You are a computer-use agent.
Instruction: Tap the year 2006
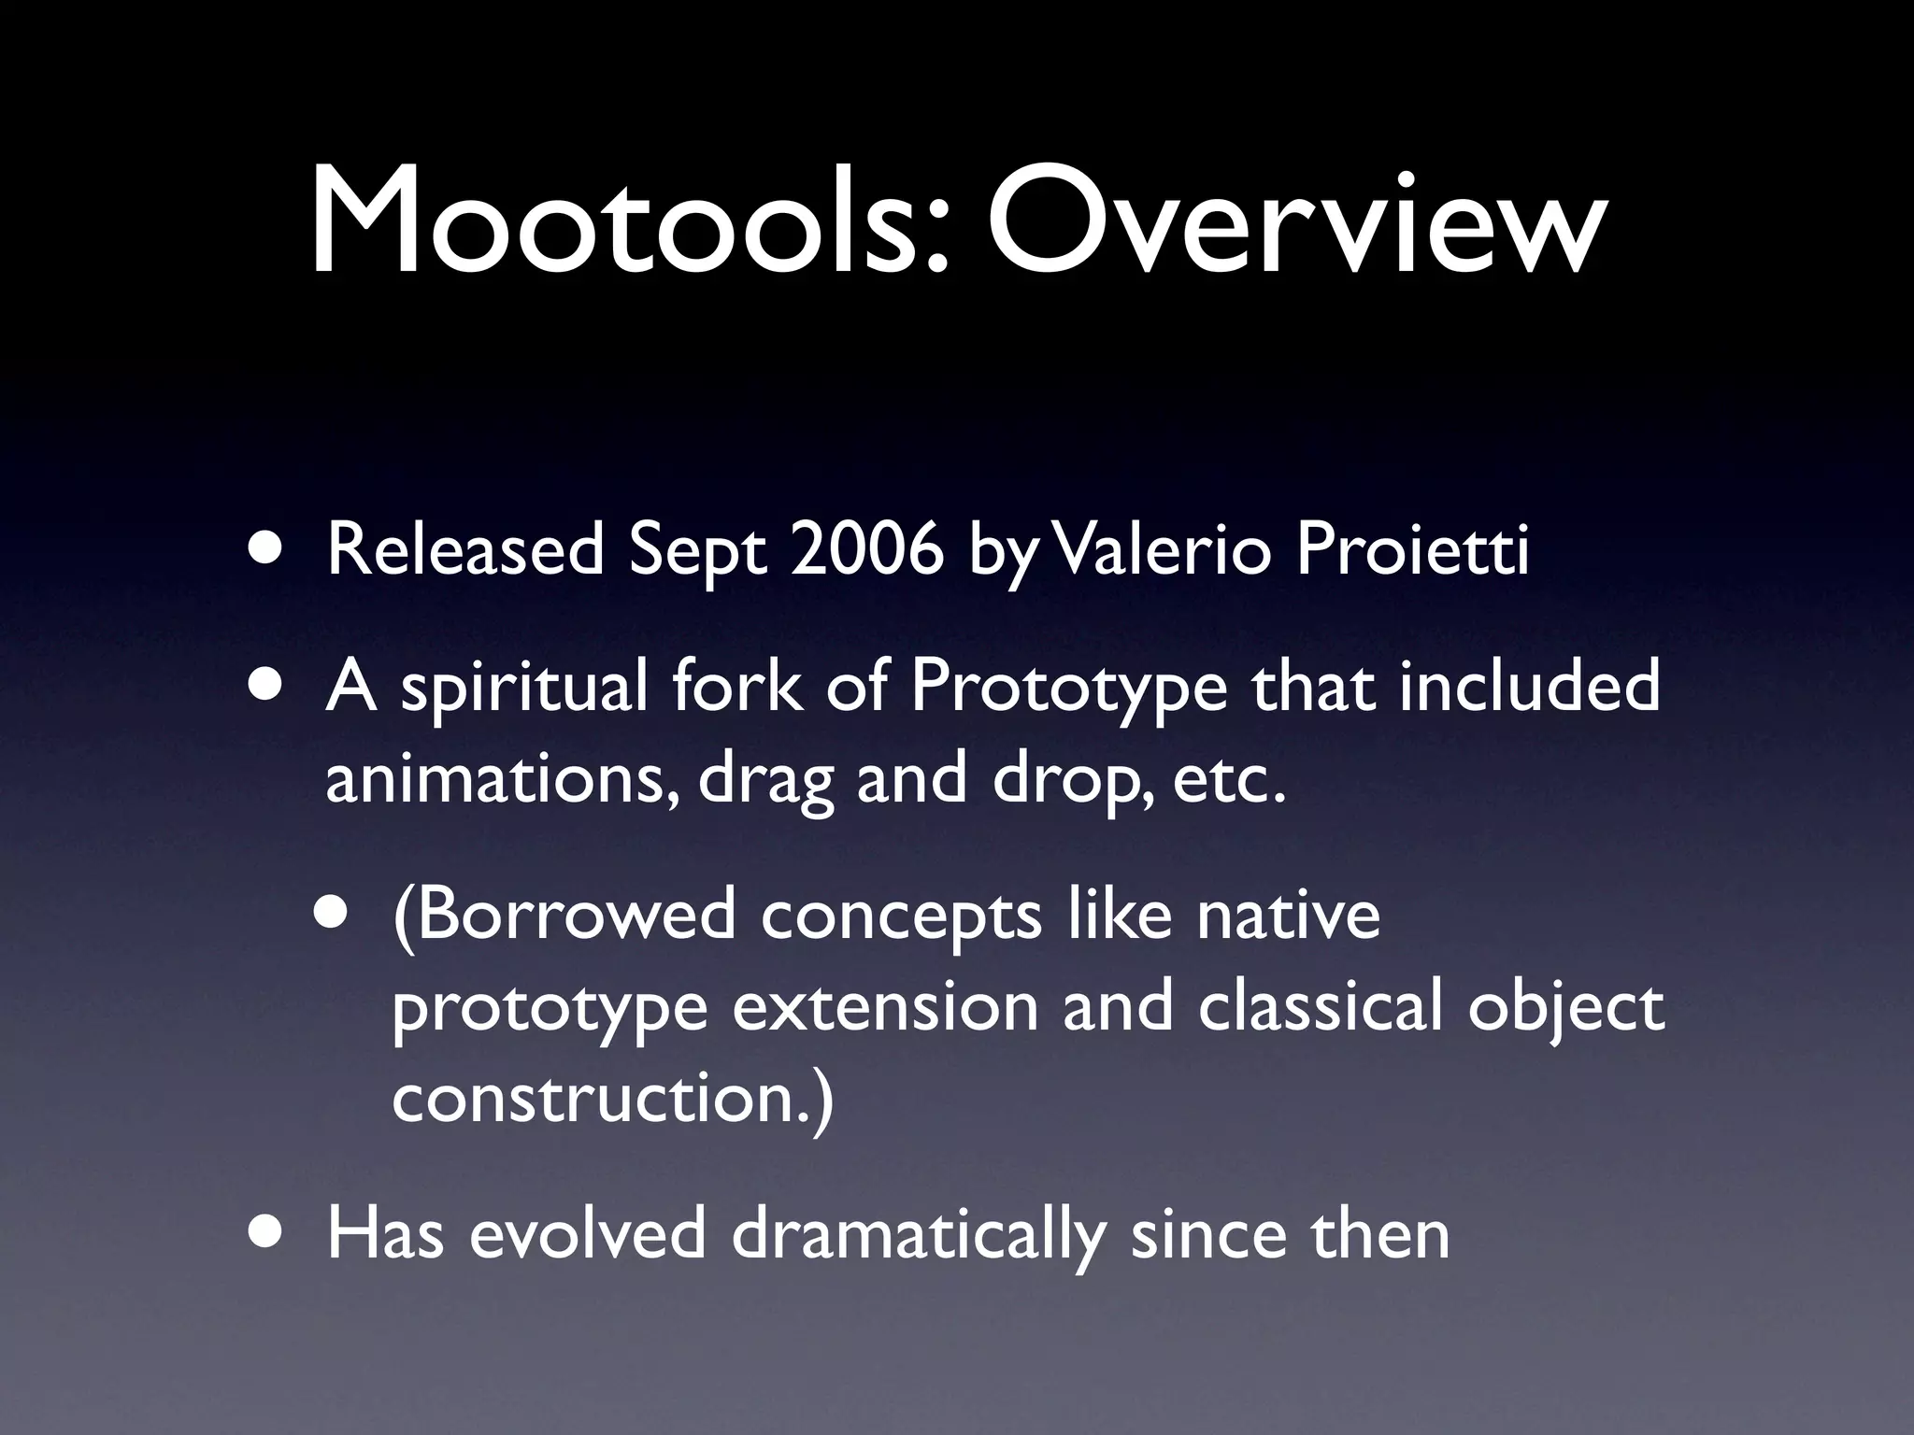point(866,550)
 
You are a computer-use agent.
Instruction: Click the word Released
point(464,550)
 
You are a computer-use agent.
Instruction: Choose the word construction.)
point(611,1100)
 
